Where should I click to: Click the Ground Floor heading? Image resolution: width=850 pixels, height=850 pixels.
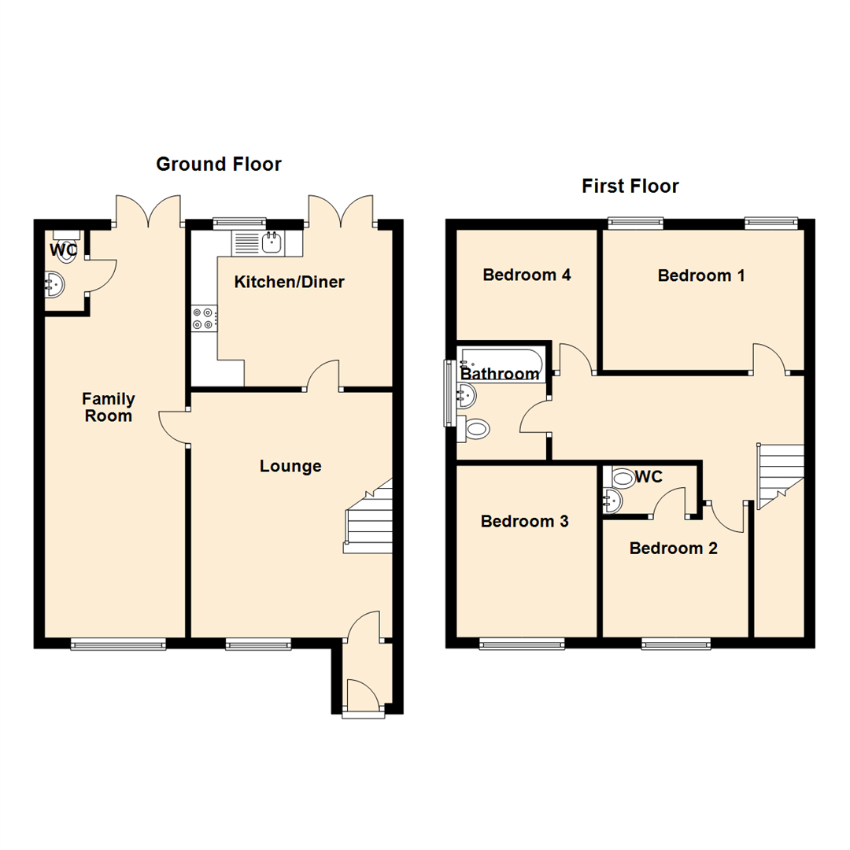click(218, 164)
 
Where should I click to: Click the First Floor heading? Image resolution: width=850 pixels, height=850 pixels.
click(630, 187)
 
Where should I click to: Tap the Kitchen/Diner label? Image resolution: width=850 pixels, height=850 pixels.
click(289, 282)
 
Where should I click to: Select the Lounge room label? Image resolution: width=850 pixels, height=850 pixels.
click(290, 466)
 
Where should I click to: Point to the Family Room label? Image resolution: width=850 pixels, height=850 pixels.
click(109, 407)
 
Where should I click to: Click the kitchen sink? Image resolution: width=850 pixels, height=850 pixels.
click(272, 243)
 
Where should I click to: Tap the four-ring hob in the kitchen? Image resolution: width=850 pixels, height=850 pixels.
click(202, 318)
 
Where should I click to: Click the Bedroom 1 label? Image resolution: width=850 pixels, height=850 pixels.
click(701, 275)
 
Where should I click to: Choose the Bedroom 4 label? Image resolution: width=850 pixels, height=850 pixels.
click(527, 275)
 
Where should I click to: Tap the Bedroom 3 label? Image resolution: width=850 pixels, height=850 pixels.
click(525, 521)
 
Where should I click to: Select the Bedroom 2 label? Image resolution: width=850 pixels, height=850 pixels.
click(673, 548)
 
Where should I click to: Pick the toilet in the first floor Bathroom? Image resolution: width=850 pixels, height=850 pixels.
click(476, 429)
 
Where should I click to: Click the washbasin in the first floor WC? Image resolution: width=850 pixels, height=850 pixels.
click(612, 499)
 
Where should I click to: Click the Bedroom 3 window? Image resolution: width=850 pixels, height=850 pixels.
click(522, 644)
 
